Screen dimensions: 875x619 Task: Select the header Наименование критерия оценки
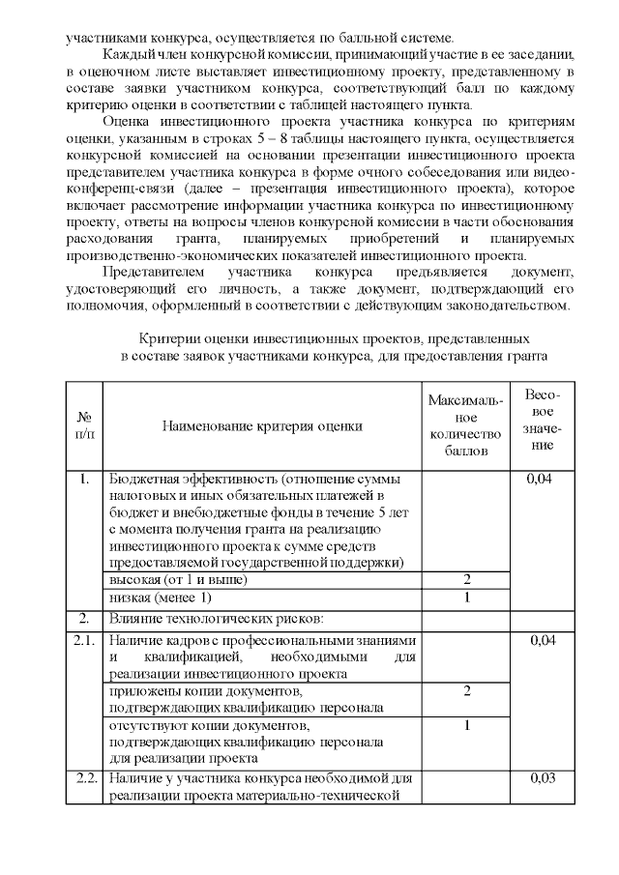[262, 425]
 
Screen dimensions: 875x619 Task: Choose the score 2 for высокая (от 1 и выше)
[466, 579]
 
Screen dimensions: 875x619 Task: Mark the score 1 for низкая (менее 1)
[466, 597]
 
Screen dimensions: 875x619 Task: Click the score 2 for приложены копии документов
[466, 691]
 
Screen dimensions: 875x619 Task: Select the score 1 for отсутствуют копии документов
[466, 725]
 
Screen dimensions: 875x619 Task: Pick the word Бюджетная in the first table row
[142, 479]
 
